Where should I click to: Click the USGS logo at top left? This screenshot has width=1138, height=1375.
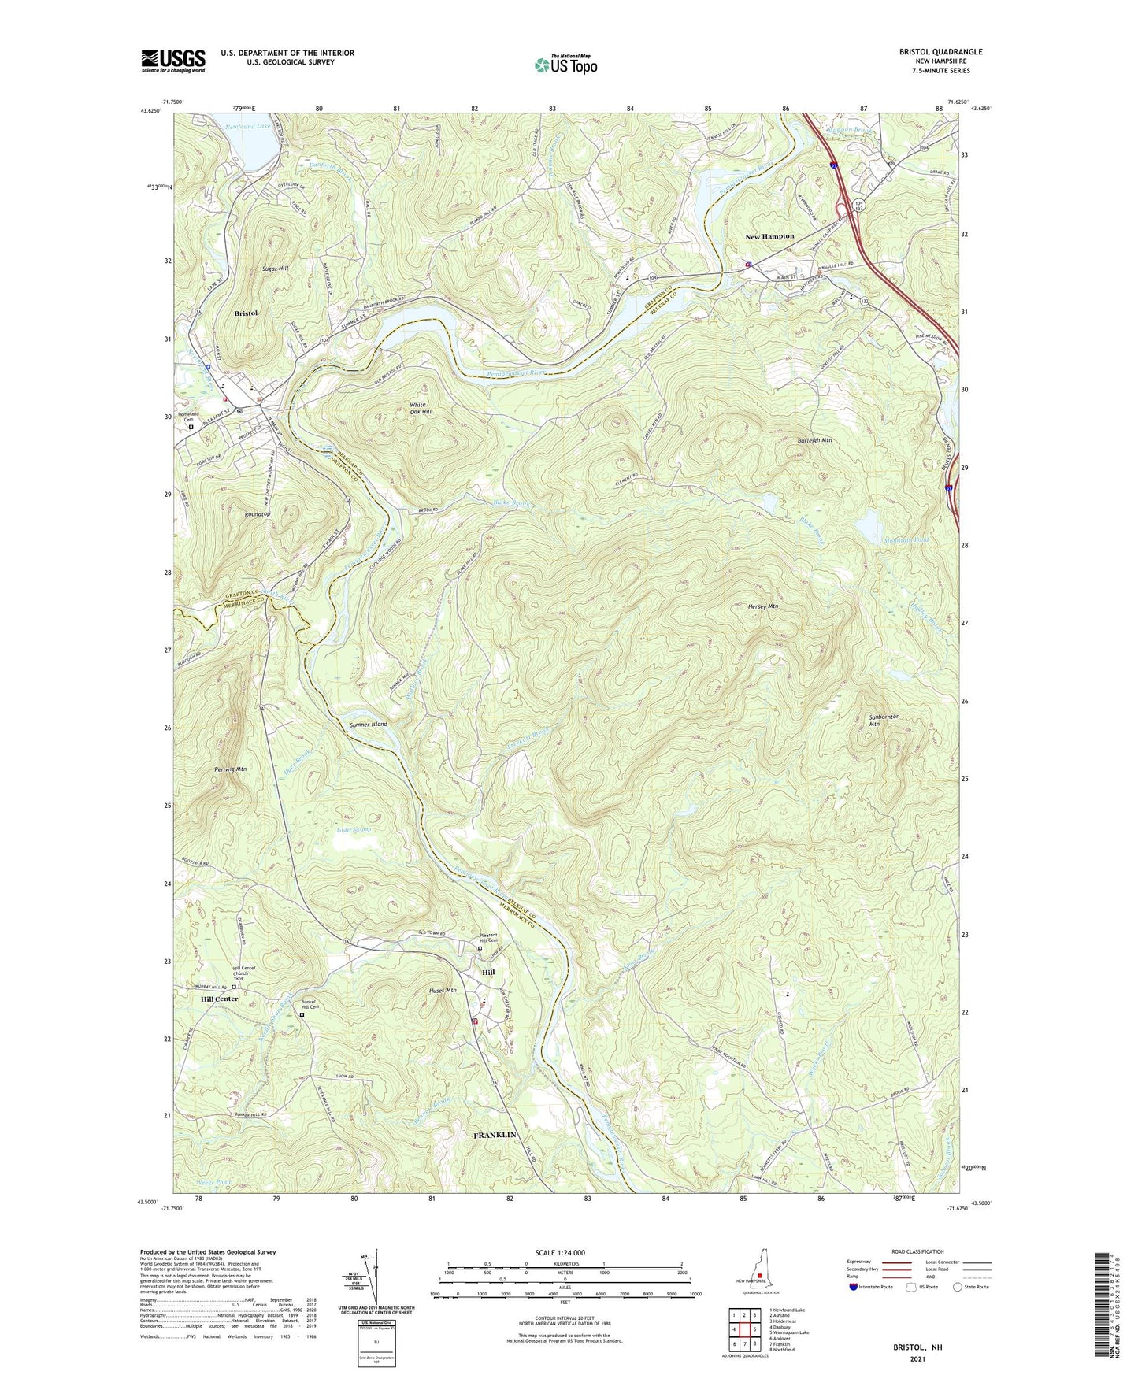point(173,60)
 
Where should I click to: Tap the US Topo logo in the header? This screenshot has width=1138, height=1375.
point(565,65)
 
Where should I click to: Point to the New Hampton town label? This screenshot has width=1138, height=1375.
point(769,236)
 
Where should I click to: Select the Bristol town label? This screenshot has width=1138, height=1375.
point(246,313)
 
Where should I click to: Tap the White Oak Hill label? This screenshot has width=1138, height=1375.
point(421,409)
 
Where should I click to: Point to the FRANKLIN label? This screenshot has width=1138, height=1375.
point(495,1135)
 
